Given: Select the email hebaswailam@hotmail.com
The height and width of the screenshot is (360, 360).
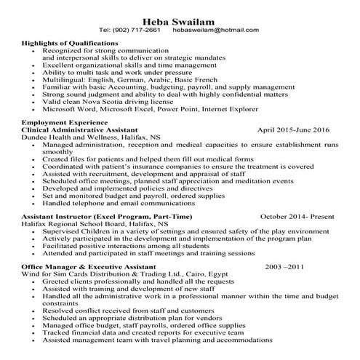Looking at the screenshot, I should (215, 30).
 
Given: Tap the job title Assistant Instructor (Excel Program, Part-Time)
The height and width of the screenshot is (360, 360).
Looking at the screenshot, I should (97, 217).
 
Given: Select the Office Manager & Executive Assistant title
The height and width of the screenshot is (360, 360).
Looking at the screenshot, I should (89, 267).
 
